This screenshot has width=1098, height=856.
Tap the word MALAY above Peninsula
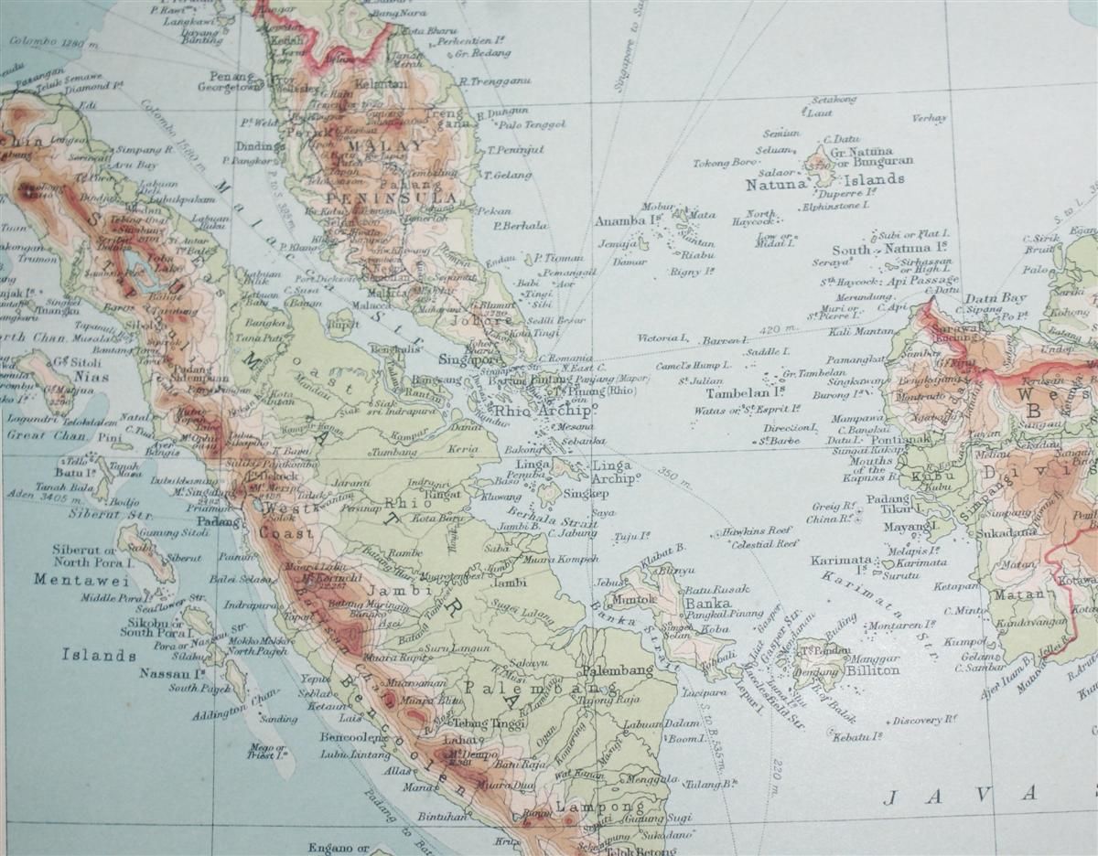tap(396, 146)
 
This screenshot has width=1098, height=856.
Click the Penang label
tap(230, 76)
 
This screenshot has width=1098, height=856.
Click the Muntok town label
tap(640, 600)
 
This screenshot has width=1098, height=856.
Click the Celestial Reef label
tap(764, 544)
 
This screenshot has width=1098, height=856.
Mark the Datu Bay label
tap(992, 298)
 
